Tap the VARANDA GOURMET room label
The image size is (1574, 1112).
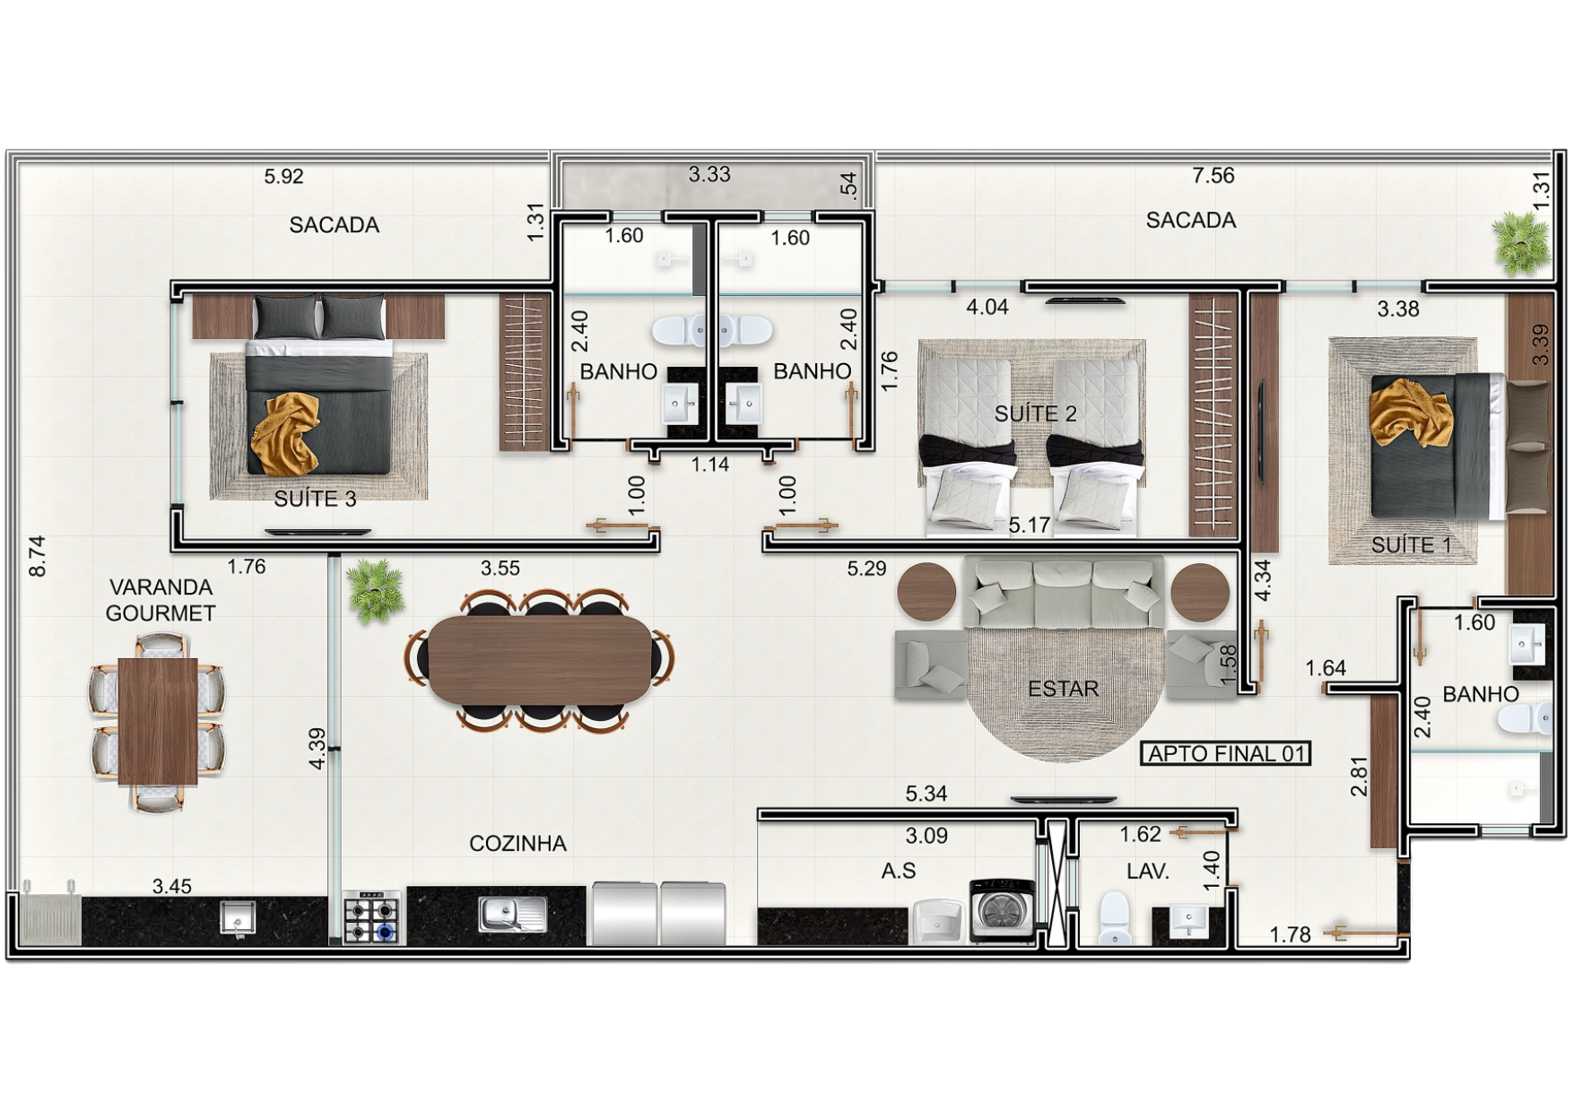click(x=161, y=600)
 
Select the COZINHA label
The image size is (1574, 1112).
click(x=517, y=844)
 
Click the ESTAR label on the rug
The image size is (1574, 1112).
click(x=1063, y=689)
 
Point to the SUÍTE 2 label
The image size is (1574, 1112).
click(x=1035, y=413)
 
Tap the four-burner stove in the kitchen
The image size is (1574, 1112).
click(x=373, y=917)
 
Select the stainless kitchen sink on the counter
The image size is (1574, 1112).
click(x=512, y=915)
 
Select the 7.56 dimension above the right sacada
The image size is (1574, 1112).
click(x=1213, y=176)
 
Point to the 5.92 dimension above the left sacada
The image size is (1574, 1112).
click(x=283, y=177)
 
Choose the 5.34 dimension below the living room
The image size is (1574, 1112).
click(x=926, y=794)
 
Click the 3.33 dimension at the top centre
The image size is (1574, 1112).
click(x=709, y=174)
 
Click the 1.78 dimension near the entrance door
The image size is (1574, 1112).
click(x=1291, y=935)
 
